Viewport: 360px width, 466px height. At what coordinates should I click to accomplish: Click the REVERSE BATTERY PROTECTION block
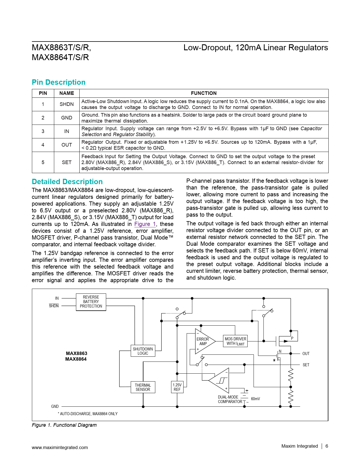tap(91, 302)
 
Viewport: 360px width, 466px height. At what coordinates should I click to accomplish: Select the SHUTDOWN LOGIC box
tap(143, 351)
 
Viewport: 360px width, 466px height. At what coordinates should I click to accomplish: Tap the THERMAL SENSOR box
tap(143, 387)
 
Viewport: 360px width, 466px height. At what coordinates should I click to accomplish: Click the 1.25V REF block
tap(177, 387)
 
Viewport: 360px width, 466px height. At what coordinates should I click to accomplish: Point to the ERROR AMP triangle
tap(204, 341)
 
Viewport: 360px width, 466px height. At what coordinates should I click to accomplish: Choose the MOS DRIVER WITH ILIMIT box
tap(235, 341)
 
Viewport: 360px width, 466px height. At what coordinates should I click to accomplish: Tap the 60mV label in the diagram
tap(255, 399)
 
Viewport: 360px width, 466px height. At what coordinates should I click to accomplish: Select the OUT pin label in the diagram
tap(306, 354)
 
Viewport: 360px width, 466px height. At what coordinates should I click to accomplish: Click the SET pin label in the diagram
tap(306, 365)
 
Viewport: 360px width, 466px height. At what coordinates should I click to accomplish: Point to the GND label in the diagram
tap(55, 406)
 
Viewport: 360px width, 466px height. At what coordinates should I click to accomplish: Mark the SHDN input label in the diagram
tap(54, 306)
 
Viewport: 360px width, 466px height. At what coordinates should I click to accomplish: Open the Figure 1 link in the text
tap(145, 224)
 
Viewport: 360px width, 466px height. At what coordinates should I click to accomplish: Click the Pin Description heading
tap(59, 82)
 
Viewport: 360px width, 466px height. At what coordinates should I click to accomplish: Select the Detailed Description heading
tap(67, 182)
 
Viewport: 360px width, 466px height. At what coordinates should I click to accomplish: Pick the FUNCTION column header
tap(204, 93)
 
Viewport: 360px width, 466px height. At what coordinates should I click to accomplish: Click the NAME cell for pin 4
tap(67, 145)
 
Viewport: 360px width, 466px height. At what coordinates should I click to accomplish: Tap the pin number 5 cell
tap(43, 162)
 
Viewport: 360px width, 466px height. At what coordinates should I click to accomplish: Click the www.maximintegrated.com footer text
tap(60, 447)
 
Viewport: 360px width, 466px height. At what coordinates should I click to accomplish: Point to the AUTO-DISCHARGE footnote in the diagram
tap(88, 414)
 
